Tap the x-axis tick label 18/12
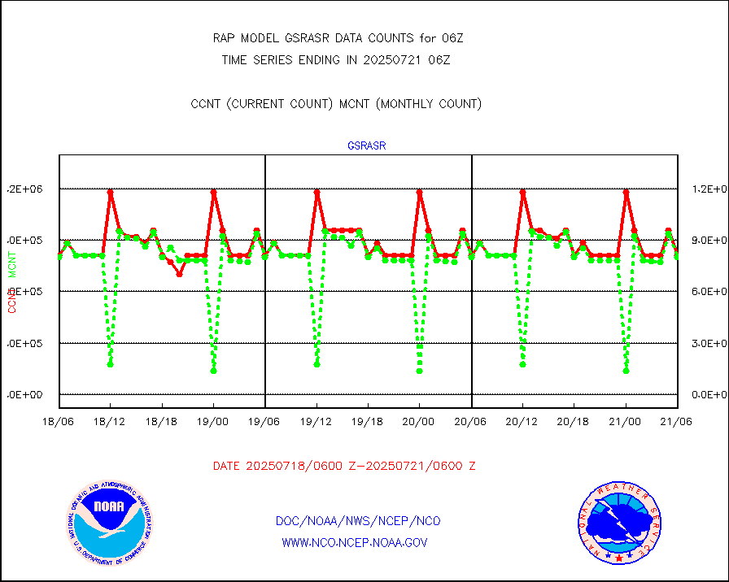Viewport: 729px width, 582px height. pyautogui.click(x=110, y=422)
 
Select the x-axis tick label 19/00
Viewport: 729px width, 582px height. pyautogui.click(x=213, y=422)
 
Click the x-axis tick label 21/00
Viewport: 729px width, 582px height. pyautogui.click(x=626, y=422)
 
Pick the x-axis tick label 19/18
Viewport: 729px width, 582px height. pyautogui.click(x=368, y=422)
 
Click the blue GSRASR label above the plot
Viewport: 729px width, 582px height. pyautogui.click(x=366, y=146)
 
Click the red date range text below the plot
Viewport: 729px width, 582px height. pyautogui.click(x=344, y=467)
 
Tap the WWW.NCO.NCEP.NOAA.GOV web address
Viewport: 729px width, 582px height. pyautogui.click(x=355, y=542)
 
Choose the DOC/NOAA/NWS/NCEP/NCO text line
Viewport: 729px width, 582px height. pyautogui.click(x=358, y=521)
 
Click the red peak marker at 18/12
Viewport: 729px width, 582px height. pyautogui.click(x=110, y=192)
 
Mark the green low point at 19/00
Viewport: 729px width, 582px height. pyautogui.click(x=213, y=371)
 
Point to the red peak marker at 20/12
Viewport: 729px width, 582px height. pyautogui.click(x=522, y=192)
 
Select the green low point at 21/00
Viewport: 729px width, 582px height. pyautogui.click(x=626, y=371)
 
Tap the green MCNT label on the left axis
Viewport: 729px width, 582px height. pyautogui.click(x=12, y=264)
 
